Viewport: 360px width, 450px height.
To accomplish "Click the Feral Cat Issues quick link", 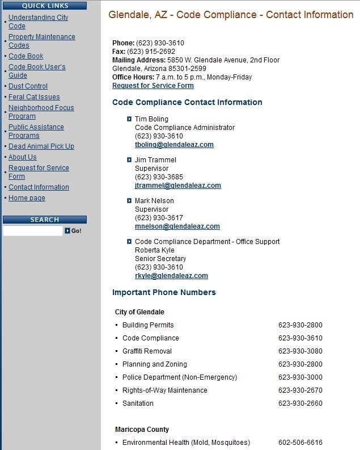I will [x=34, y=97].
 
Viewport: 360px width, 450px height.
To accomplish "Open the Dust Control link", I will [x=28, y=86].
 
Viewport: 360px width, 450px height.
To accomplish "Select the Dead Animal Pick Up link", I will [x=41, y=146].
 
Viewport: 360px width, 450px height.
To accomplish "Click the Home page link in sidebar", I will [x=27, y=198].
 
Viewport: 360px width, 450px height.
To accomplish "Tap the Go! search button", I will [x=73, y=231].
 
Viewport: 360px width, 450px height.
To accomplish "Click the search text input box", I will [x=32, y=231].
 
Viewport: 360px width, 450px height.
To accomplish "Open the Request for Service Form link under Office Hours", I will [x=153, y=86].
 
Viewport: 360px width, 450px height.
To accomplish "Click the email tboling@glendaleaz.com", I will [x=174, y=145].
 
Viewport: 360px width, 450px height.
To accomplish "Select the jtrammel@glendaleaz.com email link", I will [x=177, y=186].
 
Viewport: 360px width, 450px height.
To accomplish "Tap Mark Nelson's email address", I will [x=177, y=226].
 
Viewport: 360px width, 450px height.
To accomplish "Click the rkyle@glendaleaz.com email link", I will [x=171, y=276].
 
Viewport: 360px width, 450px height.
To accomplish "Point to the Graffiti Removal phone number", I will [x=300, y=351].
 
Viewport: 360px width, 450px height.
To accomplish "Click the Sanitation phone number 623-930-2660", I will [x=300, y=403].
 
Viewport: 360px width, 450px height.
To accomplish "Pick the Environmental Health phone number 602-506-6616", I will [x=300, y=443].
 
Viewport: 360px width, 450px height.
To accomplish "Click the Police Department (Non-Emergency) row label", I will [x=180, y=377].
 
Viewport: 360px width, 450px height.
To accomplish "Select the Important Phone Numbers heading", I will [x=164, y=293].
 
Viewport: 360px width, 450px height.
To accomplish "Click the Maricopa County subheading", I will [x=142, y=430].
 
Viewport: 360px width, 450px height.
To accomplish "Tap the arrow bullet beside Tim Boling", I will [x=129, y=119].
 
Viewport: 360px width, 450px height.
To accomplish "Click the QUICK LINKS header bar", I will [x=45, y=6].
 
